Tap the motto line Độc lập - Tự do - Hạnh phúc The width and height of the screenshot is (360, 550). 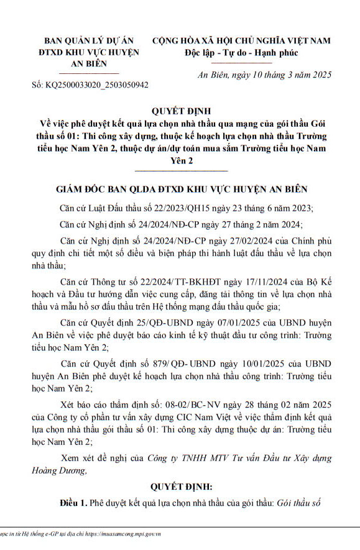click(x=242, y=53)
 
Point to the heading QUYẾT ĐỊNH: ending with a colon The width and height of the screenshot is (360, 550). click(x=181, y=486)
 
